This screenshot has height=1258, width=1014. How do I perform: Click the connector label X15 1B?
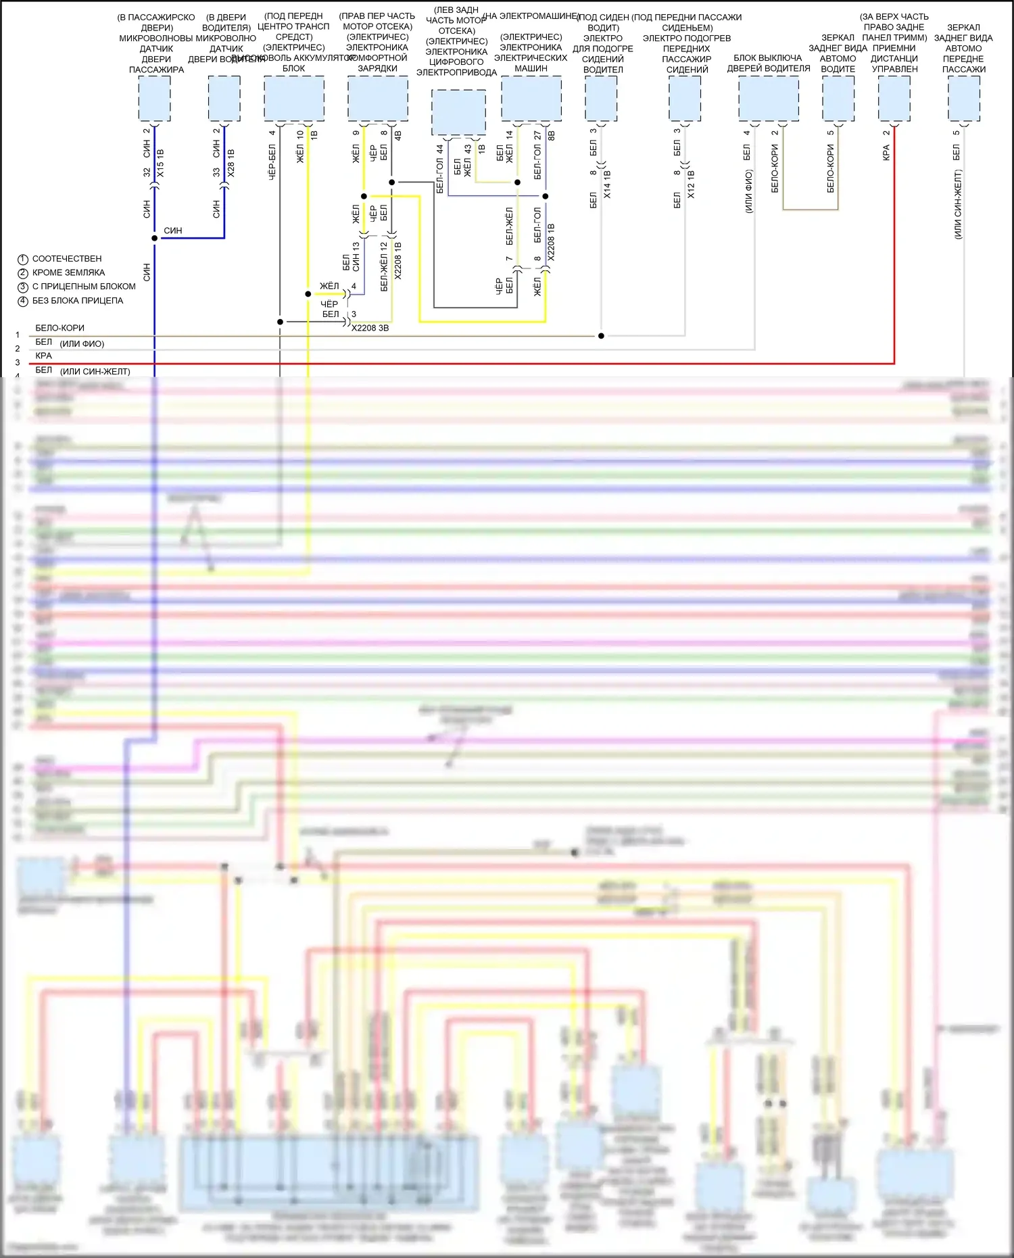[160, 164]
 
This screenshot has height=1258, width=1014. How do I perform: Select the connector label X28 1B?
[231, 164]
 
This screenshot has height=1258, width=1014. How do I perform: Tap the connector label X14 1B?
[606, 185]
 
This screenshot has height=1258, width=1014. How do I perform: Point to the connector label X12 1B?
[690, 185]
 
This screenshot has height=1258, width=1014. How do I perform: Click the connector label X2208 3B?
[370, 328]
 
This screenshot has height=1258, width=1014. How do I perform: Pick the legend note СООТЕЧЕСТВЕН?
[67, 259]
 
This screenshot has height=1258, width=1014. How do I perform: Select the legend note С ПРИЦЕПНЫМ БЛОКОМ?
[84, 287]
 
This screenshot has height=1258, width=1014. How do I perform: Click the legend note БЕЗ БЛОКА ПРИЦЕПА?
[78, 301]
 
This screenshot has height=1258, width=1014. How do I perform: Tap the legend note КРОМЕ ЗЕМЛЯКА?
[68, 272]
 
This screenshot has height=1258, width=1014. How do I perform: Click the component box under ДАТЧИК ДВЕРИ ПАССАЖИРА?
[154, 99]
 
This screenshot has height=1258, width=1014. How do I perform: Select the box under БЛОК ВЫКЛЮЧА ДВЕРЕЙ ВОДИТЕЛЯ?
[769, 99]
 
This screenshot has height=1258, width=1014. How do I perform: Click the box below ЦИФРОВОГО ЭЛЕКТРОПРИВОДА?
[458, 112]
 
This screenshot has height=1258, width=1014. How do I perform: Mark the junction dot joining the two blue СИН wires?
[154, 238]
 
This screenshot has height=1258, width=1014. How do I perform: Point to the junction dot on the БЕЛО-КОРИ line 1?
[601, 336]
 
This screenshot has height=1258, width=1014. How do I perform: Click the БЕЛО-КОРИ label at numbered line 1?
[60, 329]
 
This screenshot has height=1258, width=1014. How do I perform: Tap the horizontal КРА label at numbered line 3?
[44, 356]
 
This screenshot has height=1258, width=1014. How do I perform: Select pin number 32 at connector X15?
[147, 173]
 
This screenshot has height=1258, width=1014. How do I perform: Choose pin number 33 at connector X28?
[217, 173]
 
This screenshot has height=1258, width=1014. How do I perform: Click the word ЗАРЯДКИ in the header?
[377, 68]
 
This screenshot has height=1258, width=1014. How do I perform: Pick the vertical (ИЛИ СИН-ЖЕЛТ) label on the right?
[958, 205]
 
